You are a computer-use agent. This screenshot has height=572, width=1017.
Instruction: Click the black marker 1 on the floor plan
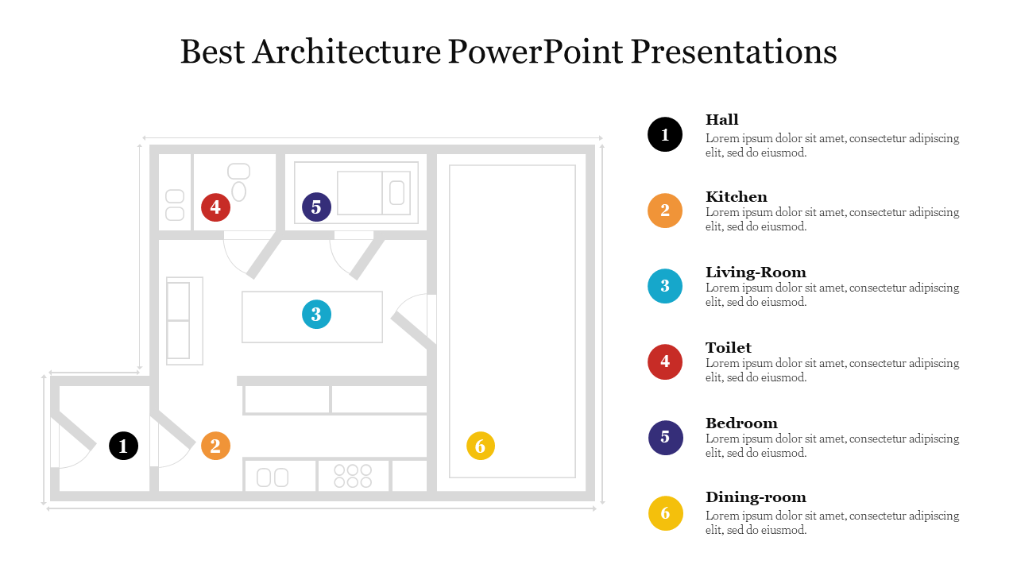[x=123, y=446]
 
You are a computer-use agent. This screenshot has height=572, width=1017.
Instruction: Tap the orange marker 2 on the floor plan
[x=215, y=446]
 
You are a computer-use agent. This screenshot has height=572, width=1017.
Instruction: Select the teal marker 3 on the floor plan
[x=316, y=314]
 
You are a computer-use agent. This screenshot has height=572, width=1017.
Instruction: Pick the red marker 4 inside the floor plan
[x=215, y=207]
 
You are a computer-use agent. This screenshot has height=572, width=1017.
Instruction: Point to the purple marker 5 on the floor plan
[x=316, y=207]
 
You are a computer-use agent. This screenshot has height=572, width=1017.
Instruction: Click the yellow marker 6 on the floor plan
[x=481, y=446]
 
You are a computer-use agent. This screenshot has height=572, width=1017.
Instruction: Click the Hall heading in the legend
[x=722, y=120]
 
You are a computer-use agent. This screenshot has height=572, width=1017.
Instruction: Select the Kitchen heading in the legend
[x=737, y=196]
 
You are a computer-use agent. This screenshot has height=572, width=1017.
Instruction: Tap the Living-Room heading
[x=756, y=272]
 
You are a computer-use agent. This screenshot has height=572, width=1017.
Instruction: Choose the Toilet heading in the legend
[x=729, y=348]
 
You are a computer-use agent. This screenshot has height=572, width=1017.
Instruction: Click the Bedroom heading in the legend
[x=741, y=423]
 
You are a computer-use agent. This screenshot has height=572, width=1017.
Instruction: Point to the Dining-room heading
[x=756, y=497]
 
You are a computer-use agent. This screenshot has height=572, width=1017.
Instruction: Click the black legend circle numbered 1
[x=665, y=134]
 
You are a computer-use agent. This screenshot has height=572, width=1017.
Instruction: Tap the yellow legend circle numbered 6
[x=666, y=513]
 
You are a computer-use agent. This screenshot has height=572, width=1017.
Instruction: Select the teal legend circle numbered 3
[x=665, y=286]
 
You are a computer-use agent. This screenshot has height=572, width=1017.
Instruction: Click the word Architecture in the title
[x=347, y=52]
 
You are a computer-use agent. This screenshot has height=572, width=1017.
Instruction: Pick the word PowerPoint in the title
[x=536, y=52]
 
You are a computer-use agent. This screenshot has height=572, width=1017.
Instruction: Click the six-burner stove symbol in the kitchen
[x=353, y=476]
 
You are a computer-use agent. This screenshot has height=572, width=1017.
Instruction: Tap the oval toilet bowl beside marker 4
[x=239, y=191]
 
